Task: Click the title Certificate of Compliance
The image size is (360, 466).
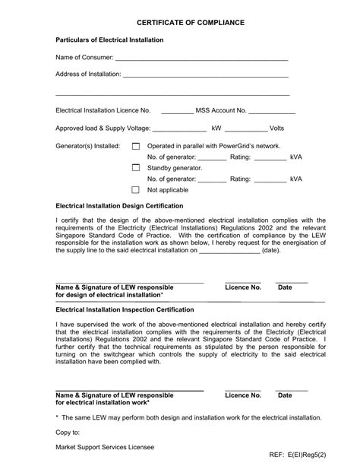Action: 180,23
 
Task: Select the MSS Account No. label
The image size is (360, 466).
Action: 221,110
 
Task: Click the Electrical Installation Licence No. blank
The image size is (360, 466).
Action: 177,112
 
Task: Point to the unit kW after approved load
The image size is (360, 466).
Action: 216,128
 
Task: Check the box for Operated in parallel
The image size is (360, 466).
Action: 136,146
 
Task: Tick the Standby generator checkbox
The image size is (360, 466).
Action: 136,167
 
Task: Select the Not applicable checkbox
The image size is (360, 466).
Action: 136,189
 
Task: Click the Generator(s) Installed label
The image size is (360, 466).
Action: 88,146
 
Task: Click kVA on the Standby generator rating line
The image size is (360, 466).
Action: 295,179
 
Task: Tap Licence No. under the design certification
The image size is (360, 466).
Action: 243,288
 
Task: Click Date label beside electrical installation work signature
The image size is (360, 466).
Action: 285,396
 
